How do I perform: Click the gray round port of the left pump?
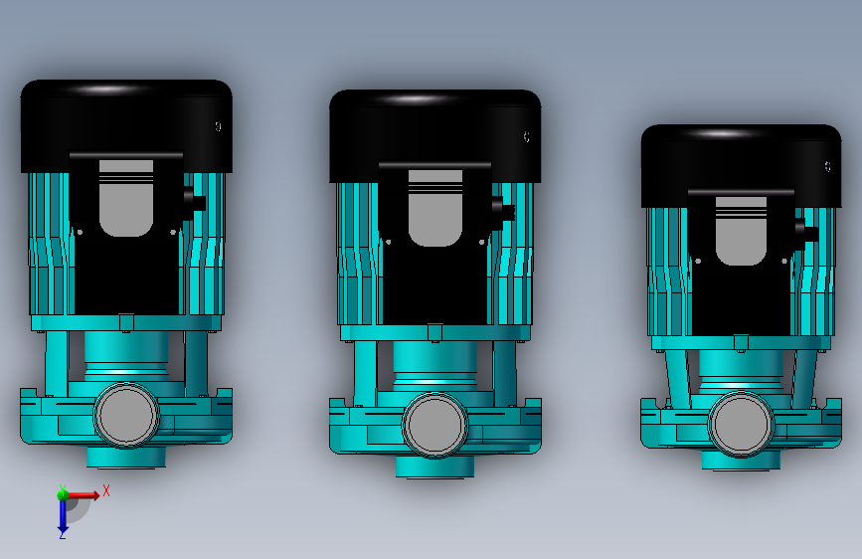click(126, 415)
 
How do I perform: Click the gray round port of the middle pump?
click(434, 425)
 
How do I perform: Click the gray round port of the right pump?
click(741, 424)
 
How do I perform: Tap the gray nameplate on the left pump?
click(126, 198)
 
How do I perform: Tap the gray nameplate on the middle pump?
click(434, 208)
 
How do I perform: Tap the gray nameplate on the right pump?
click(741, 231)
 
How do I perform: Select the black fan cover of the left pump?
click(126, 125)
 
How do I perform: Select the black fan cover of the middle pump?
click(434, 135)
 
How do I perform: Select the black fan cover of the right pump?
click(741, 165)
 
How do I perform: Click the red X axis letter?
click(106, 490)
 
